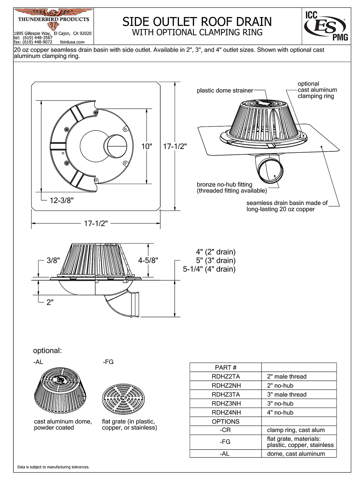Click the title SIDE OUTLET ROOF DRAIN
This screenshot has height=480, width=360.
coord(197,22)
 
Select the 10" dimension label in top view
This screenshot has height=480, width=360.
coord(147,146)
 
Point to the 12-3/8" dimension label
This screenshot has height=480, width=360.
coord(62,200)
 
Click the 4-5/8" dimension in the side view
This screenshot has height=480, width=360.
coord(148,260)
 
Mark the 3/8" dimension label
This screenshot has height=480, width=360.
coord(53,260)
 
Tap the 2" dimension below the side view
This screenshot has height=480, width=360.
coord(50,302)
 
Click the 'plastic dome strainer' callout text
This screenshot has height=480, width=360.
coord(225,90)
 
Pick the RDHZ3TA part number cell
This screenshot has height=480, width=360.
coord(226,394)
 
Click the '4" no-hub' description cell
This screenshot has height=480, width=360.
coord(280,412)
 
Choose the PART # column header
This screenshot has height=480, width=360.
coord(226,367)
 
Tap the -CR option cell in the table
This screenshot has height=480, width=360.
coord(226,430)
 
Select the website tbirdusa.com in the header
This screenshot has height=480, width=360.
coord(72,42)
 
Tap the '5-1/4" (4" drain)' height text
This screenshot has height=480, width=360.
coord(209,269)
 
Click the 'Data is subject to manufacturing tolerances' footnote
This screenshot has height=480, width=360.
coord(53,467)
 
